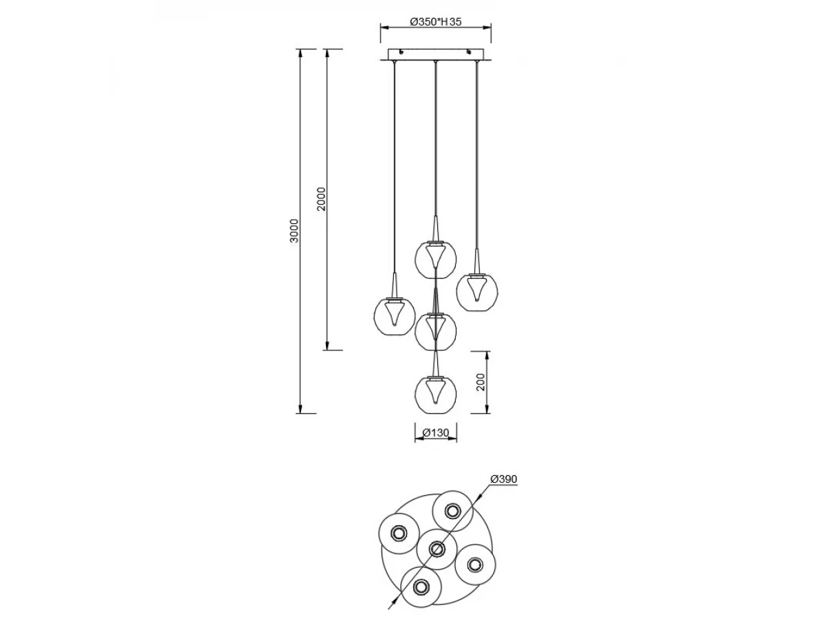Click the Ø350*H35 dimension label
coord(436,22)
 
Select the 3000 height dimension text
coord(294,231)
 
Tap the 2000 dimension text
coord(322,199)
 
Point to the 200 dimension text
coord(481,382)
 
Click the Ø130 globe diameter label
coord(436,433)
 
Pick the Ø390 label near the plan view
coord(504,479)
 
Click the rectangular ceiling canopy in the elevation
coord(436,55)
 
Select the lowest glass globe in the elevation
coord(436,394)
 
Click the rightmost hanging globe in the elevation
coord(477,292)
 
